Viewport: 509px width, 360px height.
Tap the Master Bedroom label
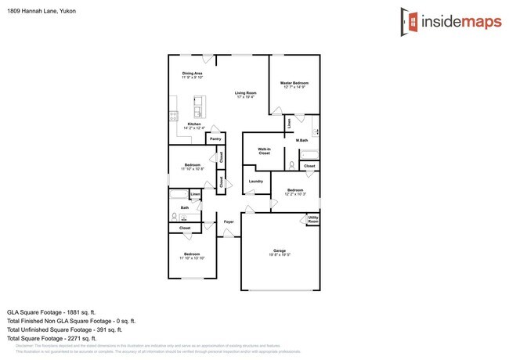294,85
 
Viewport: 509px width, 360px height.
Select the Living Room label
245,95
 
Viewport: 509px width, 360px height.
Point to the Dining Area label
193,75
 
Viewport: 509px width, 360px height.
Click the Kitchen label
193,125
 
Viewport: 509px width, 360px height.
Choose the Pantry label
215,139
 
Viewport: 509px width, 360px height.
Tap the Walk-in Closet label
265,151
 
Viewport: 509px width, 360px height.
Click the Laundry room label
256,182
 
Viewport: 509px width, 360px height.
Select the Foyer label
229,222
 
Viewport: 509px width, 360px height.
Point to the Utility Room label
312,220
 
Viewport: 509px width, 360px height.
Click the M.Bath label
301,140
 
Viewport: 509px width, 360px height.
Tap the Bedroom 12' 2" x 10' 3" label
295,192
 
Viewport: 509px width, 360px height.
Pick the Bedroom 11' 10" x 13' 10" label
193,257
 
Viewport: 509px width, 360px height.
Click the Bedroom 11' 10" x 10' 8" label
193,167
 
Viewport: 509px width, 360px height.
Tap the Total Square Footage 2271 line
63,339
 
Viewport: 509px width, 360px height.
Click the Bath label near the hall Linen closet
185,208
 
